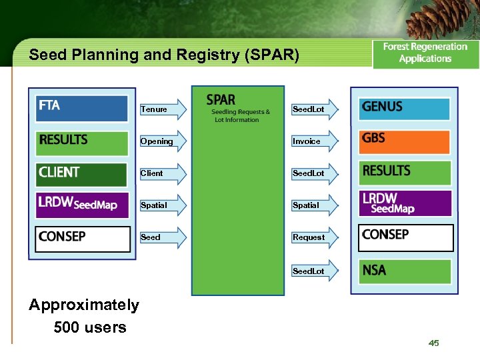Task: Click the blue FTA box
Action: [82, 109]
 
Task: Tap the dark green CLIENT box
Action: [82, 175]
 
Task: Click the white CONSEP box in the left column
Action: [83, 239]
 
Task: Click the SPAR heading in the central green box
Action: [221, 100]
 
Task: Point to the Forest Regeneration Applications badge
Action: [425, 53]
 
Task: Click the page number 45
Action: [434, 343]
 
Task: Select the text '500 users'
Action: [90, 327]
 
